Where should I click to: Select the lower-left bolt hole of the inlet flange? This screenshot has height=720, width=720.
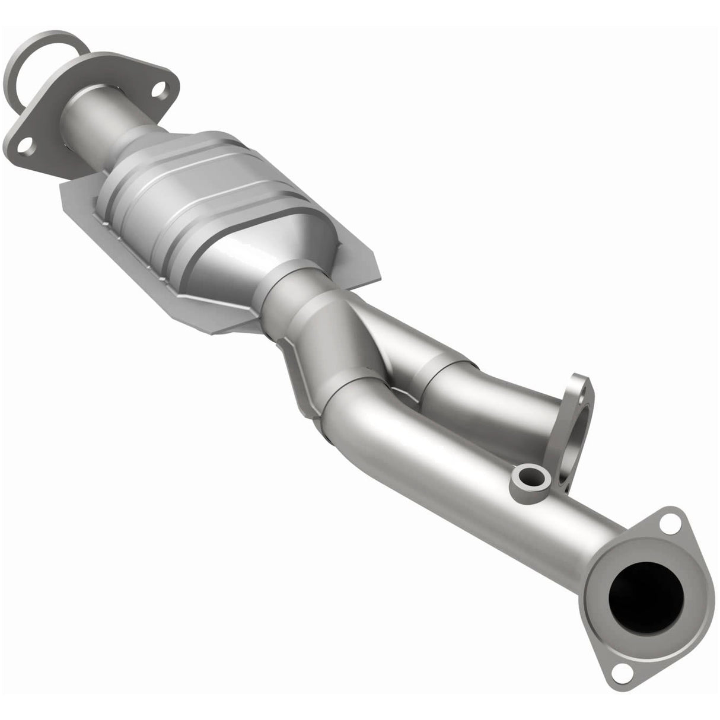click(x=25, y=144)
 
